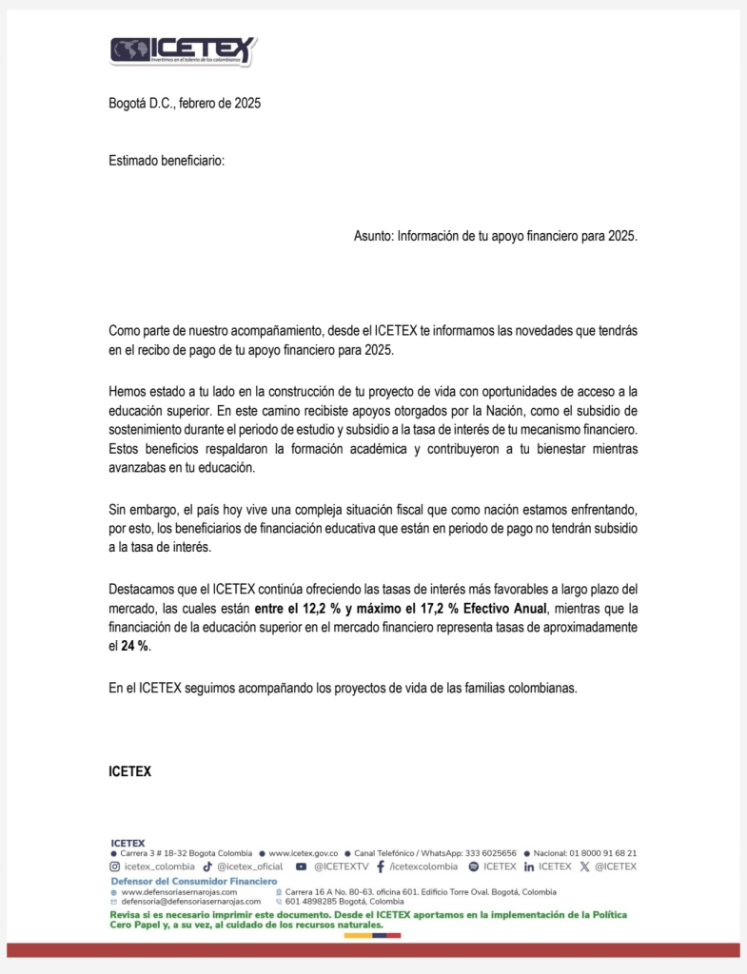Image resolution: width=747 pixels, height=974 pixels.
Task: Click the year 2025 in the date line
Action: (246, 104)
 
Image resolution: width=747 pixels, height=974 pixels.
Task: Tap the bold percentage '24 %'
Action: (135, 647)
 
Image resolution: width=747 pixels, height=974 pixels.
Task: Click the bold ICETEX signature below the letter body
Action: (129, 771)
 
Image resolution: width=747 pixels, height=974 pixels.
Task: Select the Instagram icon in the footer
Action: (115, 867)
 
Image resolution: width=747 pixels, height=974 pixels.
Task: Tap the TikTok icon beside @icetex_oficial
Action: (207, 867)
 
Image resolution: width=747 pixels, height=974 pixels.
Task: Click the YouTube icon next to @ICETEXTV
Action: (301, 867)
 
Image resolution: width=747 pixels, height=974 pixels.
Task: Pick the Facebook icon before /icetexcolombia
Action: (381, 867)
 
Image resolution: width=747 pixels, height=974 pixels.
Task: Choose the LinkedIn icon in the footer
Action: (529, 867)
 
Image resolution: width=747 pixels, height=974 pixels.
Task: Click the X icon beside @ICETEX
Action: (584, 867)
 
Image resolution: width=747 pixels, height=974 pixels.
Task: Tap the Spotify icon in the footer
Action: (474, 867)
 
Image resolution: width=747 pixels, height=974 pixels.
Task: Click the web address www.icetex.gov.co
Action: (304, 853)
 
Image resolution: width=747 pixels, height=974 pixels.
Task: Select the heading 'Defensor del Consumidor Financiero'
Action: (194, 881)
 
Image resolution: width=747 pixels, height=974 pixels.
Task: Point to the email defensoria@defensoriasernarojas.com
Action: (191, 902)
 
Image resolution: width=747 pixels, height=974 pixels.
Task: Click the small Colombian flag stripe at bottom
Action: (373, 935)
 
